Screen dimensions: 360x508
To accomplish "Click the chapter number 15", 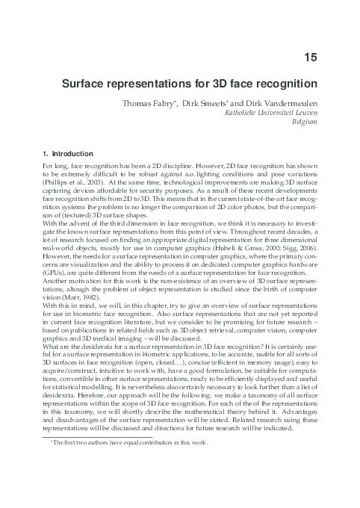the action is (x=312, y=56).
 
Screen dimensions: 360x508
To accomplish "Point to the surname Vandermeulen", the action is (x=287, y=104).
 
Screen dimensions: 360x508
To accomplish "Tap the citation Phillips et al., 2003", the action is (x=70, y=182).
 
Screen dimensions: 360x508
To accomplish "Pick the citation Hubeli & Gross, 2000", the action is (x=259, y=234).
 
